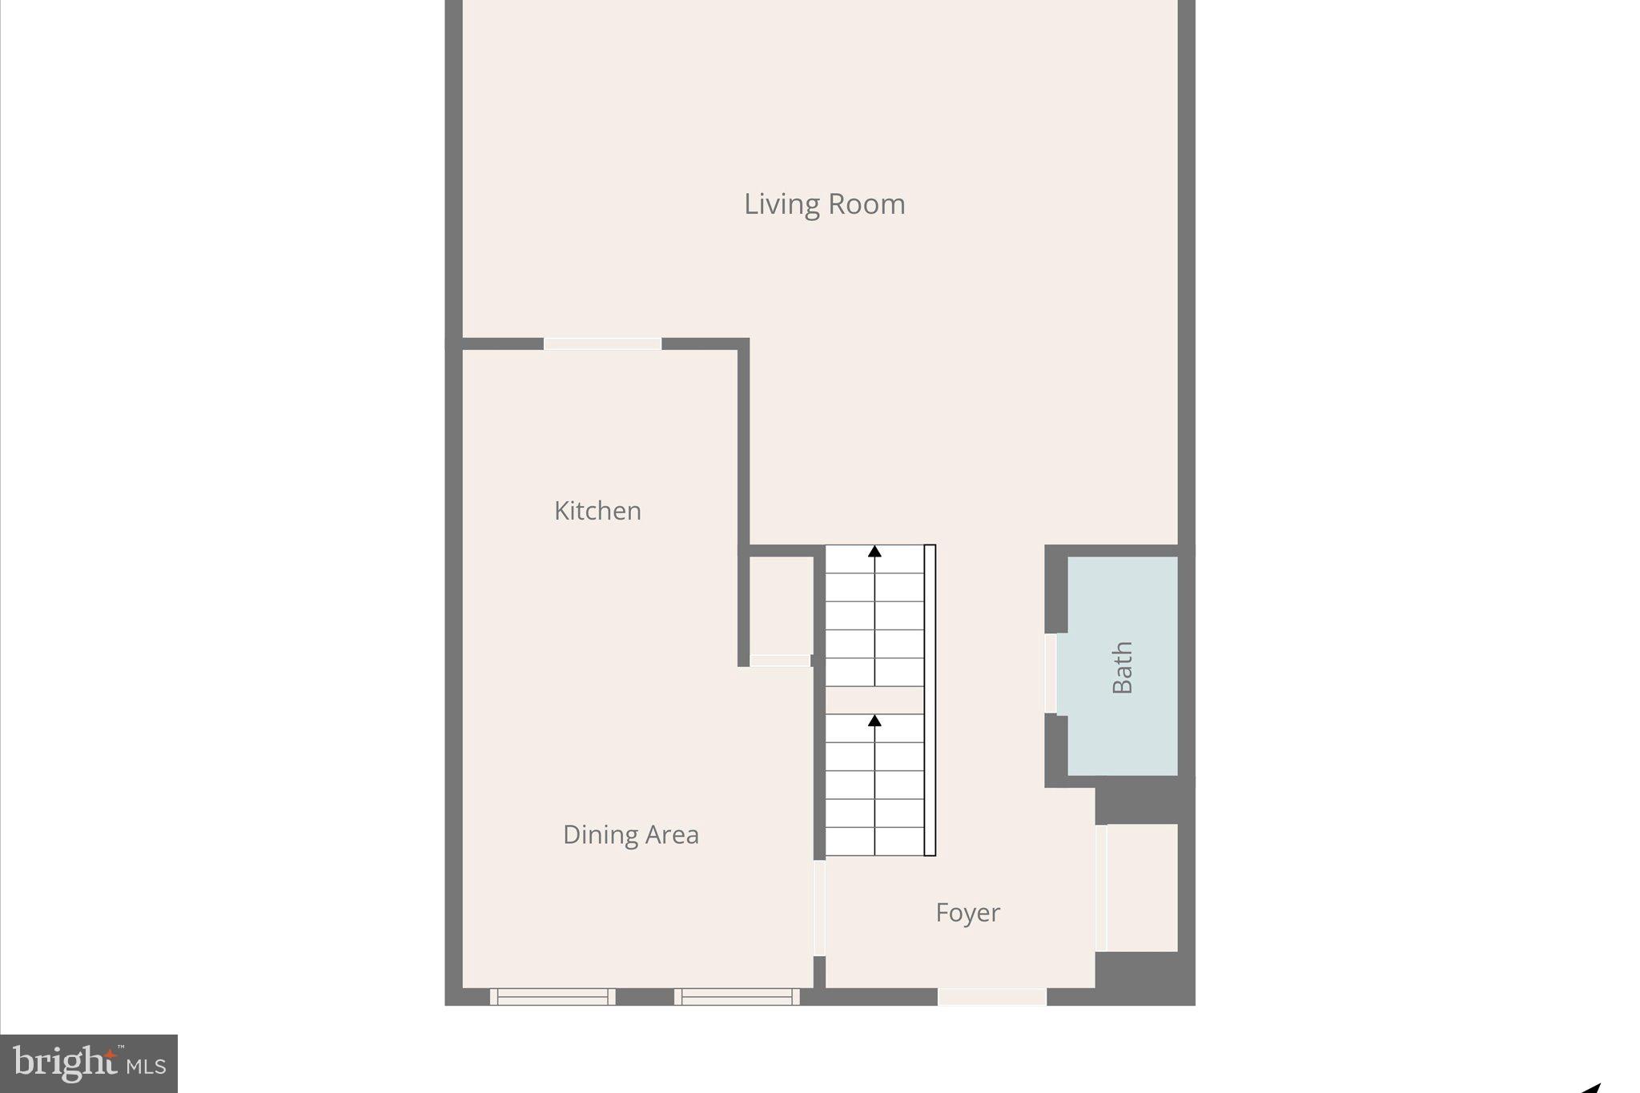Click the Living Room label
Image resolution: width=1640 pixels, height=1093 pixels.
824,204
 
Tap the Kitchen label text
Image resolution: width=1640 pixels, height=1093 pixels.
597,511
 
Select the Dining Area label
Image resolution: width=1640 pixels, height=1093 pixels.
630,834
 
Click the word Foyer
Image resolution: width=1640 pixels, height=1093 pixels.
967,912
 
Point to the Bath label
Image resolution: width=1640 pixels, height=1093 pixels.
1123,667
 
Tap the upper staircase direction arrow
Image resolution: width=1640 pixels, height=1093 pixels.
874,552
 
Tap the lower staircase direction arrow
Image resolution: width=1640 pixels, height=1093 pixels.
874,721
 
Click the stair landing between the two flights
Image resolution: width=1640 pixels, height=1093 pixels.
874,700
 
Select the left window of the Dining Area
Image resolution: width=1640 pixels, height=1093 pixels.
553,997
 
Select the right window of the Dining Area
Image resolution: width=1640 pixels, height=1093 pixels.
737,997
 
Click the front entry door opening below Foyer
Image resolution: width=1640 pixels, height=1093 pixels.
992,997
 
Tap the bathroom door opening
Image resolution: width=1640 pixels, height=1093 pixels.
1051,673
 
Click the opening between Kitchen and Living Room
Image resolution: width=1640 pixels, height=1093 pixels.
602,344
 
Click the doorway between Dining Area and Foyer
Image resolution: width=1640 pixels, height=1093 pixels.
819,908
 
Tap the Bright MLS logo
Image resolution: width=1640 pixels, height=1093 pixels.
89,1063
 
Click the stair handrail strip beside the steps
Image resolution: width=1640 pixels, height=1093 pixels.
930,701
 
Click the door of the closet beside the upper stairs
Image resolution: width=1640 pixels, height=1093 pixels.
780,661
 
